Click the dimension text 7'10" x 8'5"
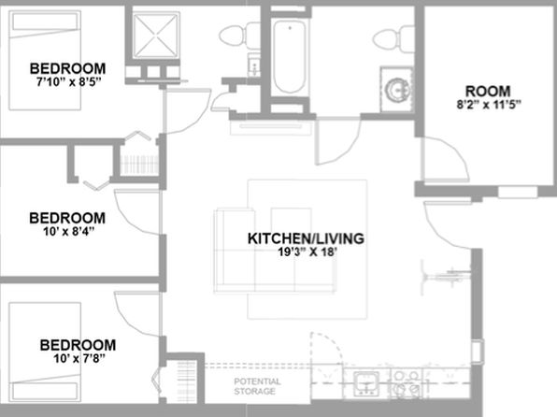coord(69,82)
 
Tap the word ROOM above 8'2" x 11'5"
coord(488,92)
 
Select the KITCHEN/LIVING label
coord(306,238)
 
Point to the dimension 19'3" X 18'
coord(307,252)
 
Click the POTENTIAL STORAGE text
coord(257,386)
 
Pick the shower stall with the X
coord(156,35)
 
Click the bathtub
coord(290,57)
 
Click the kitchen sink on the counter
coord(366,384)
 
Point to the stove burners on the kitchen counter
coord(407,384)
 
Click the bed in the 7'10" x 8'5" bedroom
coord(45,61)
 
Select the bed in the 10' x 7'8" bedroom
coord(45,352)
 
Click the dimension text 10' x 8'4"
coord(68,232)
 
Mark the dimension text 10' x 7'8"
coord(79,359)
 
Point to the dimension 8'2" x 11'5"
coord(489,105)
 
